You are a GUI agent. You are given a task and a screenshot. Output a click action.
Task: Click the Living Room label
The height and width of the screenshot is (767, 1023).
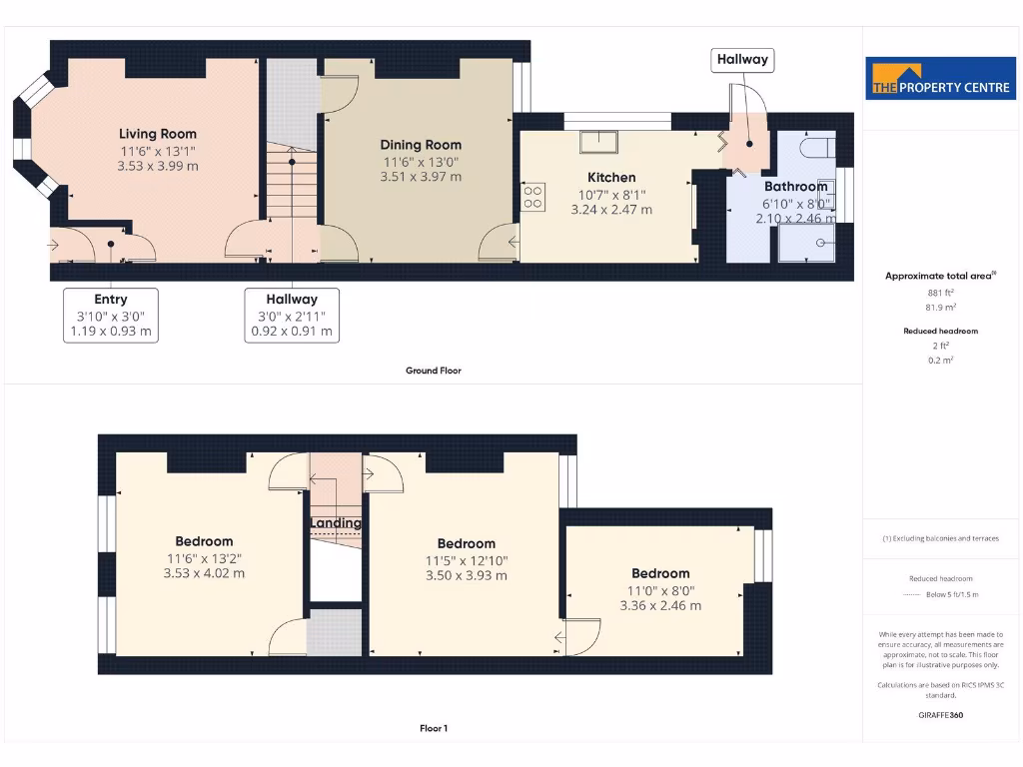[158, 134]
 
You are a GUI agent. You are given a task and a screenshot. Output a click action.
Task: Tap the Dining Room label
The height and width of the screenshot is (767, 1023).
[421, 145]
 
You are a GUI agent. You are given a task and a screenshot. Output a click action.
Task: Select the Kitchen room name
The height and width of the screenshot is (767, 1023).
[611, 178]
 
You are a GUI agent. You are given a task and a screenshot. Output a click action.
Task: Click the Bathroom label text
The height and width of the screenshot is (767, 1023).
[795, 187]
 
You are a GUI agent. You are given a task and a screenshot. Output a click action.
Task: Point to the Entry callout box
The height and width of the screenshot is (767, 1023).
[111, 315]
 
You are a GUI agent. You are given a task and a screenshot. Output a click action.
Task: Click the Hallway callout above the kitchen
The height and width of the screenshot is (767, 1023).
[742, 60]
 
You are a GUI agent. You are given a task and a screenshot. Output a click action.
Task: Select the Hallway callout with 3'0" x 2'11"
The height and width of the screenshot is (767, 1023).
[292, 315]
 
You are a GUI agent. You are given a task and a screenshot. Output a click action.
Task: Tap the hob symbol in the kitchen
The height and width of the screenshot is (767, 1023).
[532, 197]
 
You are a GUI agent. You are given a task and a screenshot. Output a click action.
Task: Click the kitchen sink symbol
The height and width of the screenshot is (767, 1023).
[598, 142]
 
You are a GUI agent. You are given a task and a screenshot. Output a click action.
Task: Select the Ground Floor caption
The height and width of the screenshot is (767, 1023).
[434, 371]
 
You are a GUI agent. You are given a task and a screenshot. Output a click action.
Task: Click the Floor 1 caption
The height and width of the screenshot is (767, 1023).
[434, 728]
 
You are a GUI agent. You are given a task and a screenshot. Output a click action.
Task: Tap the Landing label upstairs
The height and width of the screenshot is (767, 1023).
[336, 523]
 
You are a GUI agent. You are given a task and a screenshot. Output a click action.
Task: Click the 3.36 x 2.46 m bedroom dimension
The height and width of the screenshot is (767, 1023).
[660, 605]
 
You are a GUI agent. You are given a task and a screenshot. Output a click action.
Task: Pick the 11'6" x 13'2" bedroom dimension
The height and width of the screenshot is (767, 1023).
[204, 557]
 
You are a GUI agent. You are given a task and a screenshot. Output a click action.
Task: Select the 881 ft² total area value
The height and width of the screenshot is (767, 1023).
[940, 293]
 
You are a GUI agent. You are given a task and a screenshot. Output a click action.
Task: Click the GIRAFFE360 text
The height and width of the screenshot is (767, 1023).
[940, 715]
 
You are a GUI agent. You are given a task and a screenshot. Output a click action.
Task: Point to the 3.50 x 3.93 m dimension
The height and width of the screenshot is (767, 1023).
[467, 575]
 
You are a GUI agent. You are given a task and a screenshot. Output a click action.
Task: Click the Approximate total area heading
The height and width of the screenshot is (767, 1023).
[939, 276]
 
